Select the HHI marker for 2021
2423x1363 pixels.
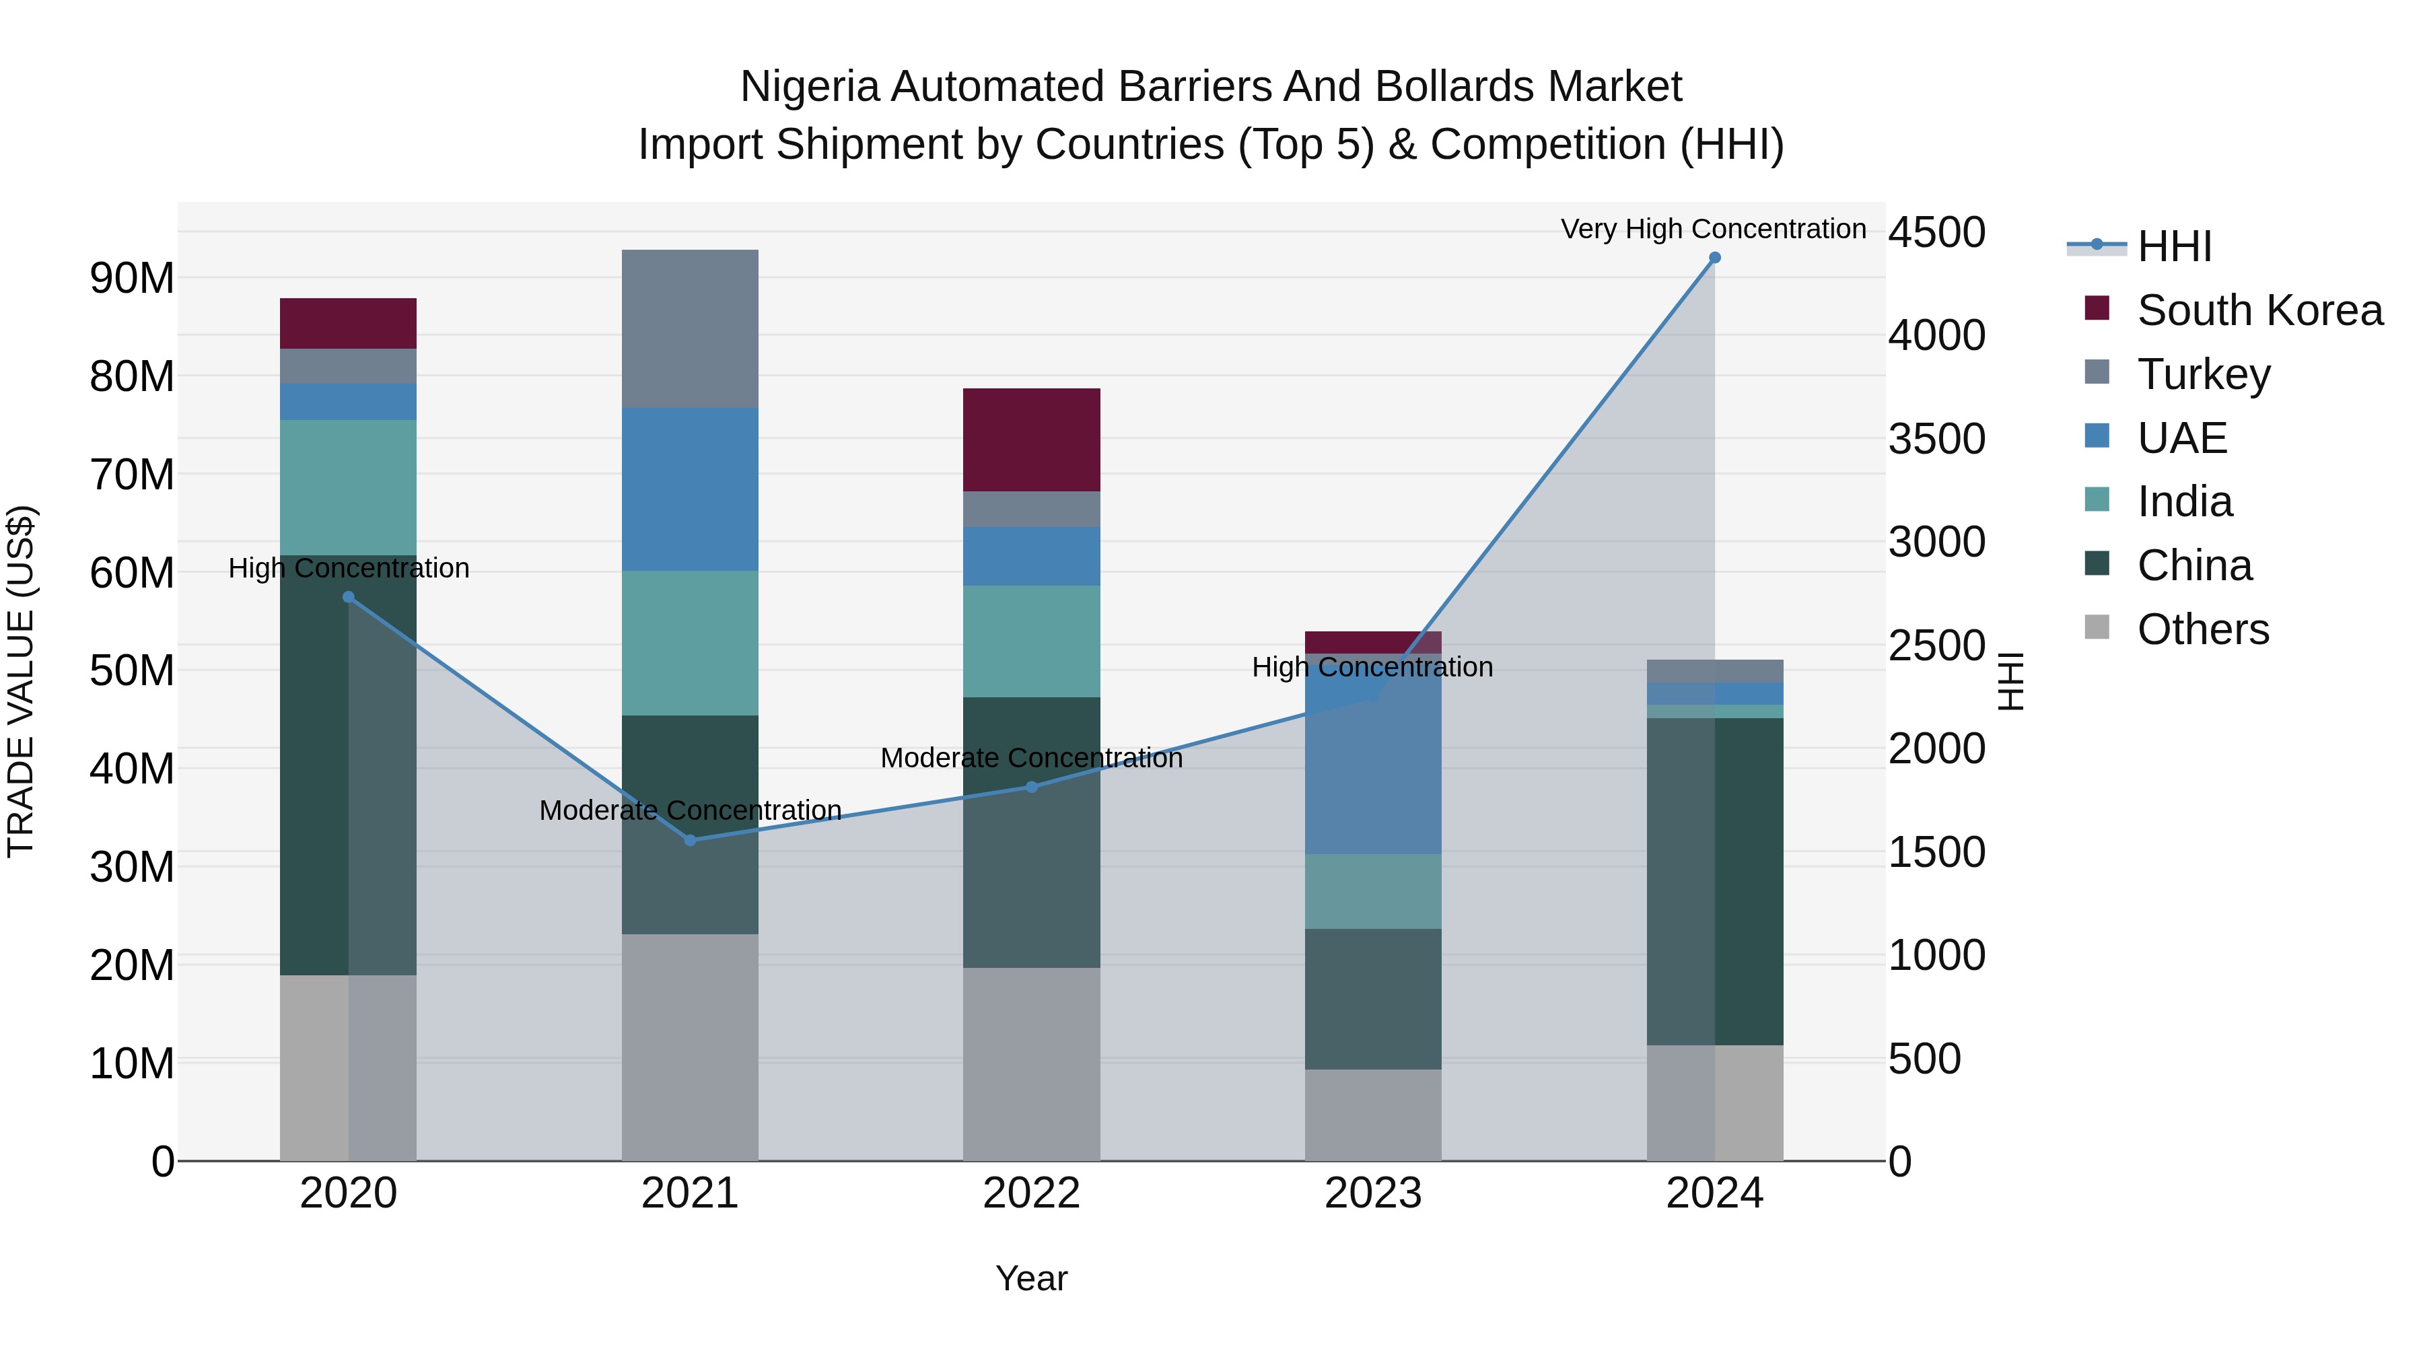[691, 840]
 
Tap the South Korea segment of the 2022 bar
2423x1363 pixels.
[1031, 440]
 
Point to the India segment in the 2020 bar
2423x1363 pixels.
[348, 487]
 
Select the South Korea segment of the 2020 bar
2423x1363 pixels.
[348, 324]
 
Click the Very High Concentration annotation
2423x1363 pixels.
[1713, 230]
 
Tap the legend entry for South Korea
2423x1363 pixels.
[2259, 310]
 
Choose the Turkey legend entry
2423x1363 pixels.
[2203, 374]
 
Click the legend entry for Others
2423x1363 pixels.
[2202, 629]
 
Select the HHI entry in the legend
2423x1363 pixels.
[2174, 246]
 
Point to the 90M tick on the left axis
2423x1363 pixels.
[132, 279]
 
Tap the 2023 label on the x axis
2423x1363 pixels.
[1372, 1193]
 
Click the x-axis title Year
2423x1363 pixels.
[1031, 1278]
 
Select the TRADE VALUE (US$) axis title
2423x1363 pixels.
[21, 681]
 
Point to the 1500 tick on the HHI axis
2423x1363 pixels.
[1936, 852]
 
